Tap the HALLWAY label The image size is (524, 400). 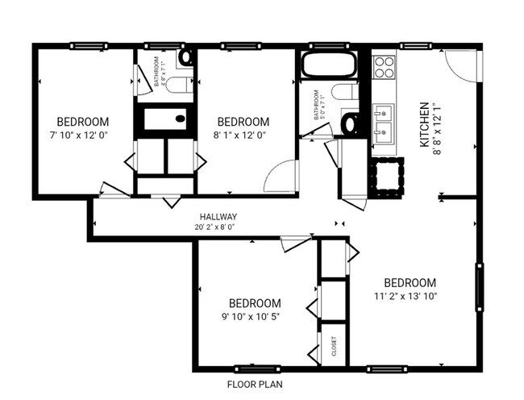[x=218, y=216]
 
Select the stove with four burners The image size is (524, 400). [x=385, y=67]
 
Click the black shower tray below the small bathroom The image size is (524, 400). [x=165, y=119]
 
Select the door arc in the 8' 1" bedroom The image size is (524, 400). [x=279, y=175]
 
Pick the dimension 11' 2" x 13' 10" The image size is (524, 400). [x=410, y=296]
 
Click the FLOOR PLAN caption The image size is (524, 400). [x=254, y=385]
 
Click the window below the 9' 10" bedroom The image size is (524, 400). [x=256, y=369]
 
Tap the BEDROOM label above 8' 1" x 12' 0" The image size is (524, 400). [x=243, y=122]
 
